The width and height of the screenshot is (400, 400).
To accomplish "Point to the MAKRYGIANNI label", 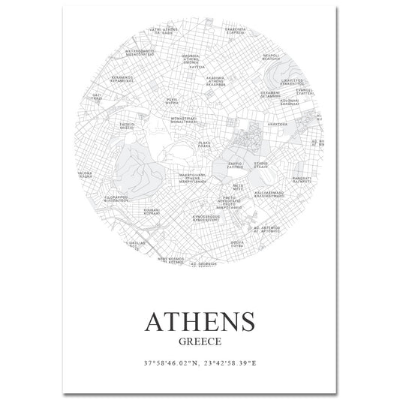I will (192, 176).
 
